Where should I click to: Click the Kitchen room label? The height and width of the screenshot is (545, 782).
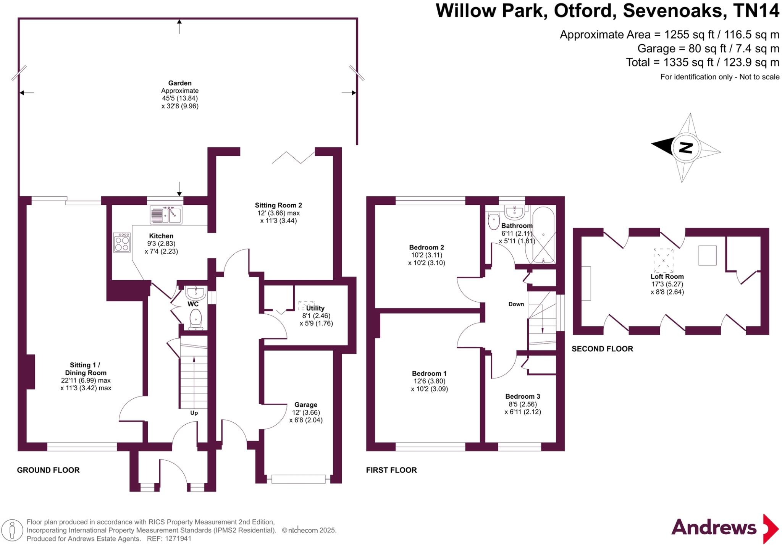[x=161, y=236]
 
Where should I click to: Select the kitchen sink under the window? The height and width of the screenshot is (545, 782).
[x=166, y=215]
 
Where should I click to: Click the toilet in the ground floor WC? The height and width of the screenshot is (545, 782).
[x=195, y=318]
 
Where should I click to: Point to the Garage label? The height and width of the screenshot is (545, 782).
[x=305, y=405]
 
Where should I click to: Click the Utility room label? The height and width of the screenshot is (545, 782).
[x=315, y=308]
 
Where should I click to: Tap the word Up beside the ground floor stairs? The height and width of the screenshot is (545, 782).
[x=194, y=413]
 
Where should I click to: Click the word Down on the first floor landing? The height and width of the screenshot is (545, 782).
[x=516, y=304]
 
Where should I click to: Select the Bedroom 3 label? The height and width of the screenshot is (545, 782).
[x=522, y=396]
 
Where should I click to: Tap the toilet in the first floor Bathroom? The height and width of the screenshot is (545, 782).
[x=494, y=221]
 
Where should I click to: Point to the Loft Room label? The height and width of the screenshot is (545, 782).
[x=667, y=277]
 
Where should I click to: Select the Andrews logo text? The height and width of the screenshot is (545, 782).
[x=714, y=528]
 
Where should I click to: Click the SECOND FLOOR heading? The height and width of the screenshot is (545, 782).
[x=602, y=349]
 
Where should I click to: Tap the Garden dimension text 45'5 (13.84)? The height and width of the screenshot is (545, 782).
[x=180, y=98]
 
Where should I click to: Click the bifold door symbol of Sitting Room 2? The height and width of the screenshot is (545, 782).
[x=293, y=157]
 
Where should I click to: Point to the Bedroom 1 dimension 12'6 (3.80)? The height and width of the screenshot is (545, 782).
[x=429, y=381]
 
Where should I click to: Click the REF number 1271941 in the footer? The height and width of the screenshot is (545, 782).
[x=178, y=539]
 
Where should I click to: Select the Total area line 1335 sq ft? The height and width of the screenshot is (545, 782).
[x=702, y=62]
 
